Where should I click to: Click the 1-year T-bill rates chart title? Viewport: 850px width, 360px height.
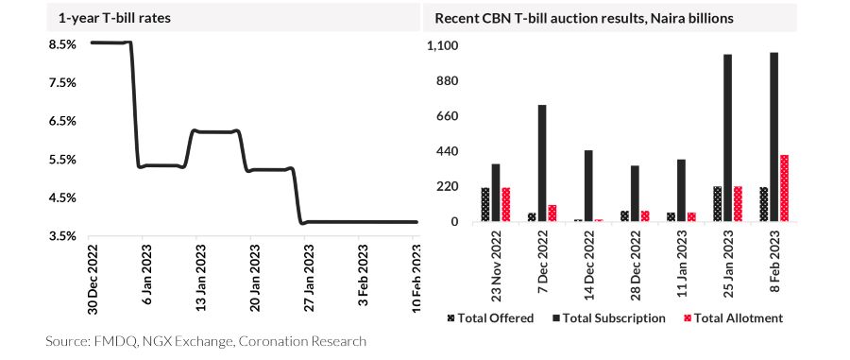115,19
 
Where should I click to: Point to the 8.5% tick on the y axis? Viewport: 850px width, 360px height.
61,44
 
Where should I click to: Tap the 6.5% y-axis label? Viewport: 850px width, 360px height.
61,122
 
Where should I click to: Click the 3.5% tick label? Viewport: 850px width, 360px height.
61,237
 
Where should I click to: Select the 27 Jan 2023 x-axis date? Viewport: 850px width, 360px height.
307,277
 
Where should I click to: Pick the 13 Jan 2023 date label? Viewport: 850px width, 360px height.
199,277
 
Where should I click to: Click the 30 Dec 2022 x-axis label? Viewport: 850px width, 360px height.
91,277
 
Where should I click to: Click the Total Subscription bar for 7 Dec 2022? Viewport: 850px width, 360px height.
541,163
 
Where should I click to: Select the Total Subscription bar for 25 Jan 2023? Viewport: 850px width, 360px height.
727,138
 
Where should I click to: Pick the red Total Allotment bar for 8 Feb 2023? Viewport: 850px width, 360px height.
784,188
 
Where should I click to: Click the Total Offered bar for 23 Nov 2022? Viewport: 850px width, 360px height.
485,204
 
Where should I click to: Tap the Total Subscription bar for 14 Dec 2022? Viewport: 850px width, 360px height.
588,185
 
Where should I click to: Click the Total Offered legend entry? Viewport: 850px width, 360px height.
491,318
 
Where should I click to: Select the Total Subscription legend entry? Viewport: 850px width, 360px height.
609,318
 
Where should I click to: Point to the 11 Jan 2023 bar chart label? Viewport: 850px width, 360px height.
681,266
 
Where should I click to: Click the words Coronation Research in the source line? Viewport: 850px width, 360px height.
302,341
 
